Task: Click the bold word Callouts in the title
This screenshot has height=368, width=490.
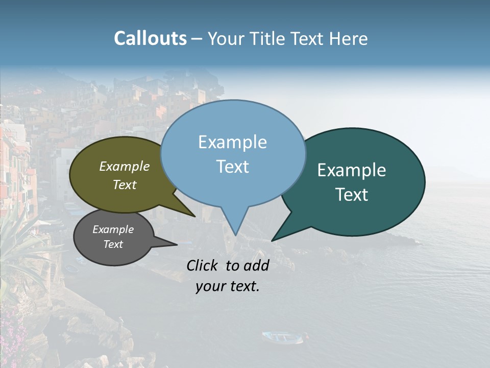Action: tap(150, 39)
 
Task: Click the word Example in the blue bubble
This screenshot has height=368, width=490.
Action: tap(232, 143)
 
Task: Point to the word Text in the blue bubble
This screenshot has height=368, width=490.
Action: tap(232, 167)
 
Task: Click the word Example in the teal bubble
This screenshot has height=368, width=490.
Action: tap(352, 170)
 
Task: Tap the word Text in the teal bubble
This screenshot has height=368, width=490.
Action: tap(352, 195)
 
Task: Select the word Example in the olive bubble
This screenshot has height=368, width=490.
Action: tap(125, 167)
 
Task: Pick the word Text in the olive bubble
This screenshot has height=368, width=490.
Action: tap(125, 185)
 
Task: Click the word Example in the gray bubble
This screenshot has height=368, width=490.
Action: tap(113, 229)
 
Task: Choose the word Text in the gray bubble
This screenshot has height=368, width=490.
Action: tap(113, 244)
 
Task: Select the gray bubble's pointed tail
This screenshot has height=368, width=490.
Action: tap(174, 244)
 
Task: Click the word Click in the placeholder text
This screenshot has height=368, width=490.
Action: tap(202, 266)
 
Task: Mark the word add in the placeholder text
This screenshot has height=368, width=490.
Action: tap(257, 266)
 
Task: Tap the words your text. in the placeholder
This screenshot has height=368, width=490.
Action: tap(228, 286)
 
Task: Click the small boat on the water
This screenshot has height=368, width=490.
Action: tap(282, 337)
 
